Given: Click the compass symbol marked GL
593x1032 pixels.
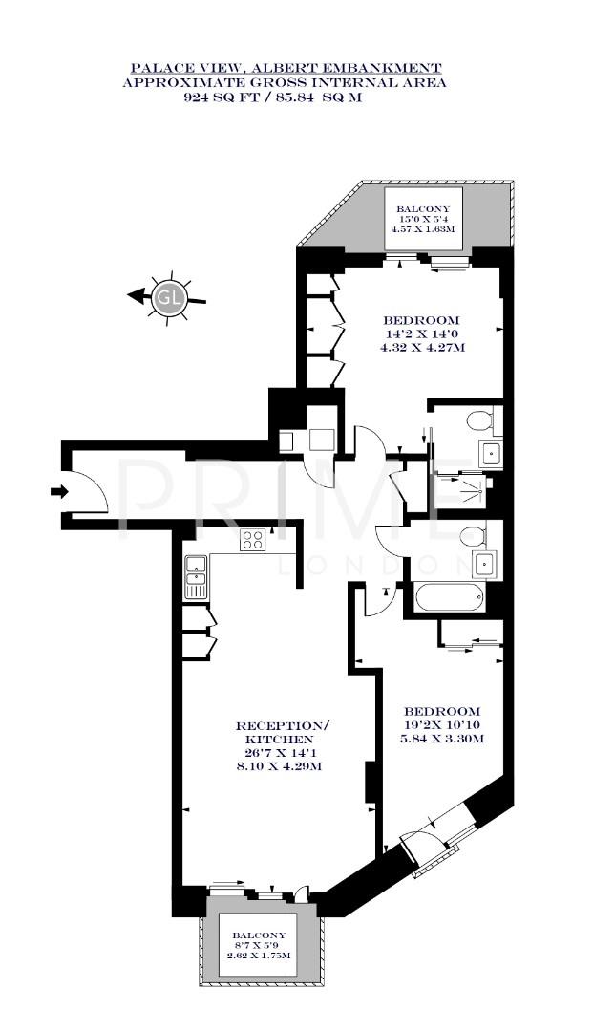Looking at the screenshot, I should [x=170, y=296].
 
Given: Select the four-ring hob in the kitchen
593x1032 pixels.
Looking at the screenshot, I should [x=252, y=540].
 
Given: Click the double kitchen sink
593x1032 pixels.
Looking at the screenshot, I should [x=195, y=577].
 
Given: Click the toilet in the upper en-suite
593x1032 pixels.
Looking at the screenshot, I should [x=480, y=419].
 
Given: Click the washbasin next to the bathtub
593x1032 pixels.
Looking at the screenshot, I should [x=484, y=566].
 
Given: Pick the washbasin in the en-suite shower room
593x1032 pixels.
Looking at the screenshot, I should [x=491, y=453].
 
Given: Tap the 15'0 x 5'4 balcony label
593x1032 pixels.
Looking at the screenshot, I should [x=422, y=218].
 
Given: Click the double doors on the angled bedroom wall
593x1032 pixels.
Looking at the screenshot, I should [x=437, y=841].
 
